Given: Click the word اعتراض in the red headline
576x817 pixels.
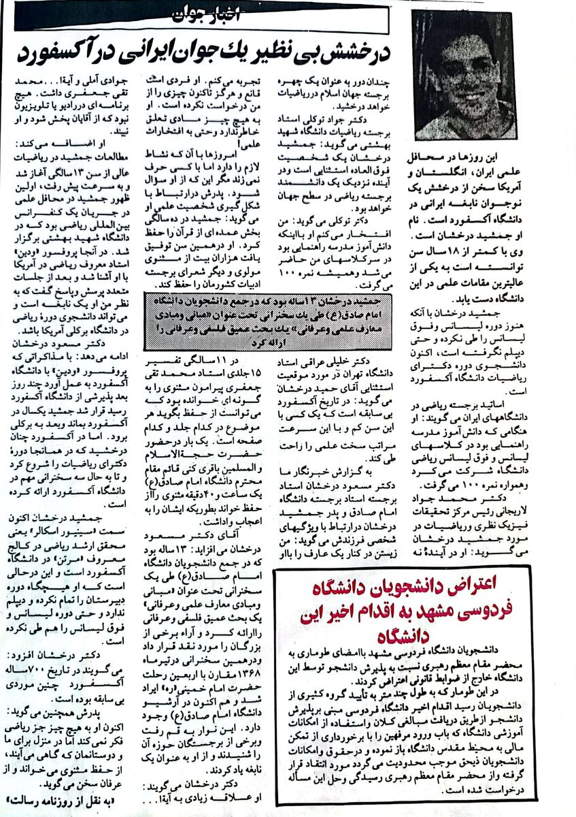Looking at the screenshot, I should pyautogui.click(x=497, y=585).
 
